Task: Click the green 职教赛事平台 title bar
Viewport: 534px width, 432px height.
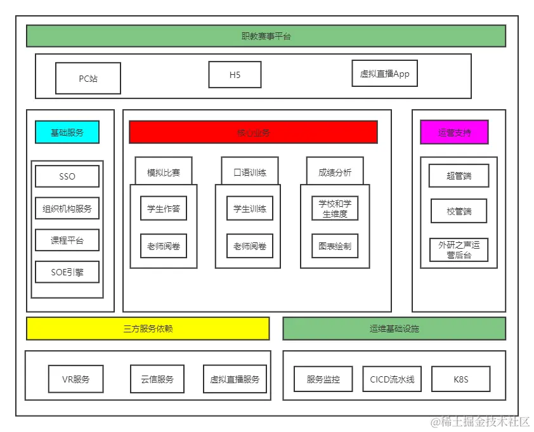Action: pyautogui.click(x=266, y=36)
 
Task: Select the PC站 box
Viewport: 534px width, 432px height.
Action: pyautogui.click(x=88, y=79)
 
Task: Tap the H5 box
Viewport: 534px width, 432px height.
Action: pyautogui.click(x=235, y=75)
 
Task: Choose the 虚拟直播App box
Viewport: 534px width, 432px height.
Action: pyautogui.click(x=384, y=74)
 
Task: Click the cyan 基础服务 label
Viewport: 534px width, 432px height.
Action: pyautogui.click(x=67, y=133)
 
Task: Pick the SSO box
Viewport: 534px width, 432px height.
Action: pyautogui.click(x=67, y=176)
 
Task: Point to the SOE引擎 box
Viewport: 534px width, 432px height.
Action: pyautogui.click(x=67, y=272)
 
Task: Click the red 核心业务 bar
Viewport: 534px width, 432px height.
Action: pyautogui.click(x=253, y=133)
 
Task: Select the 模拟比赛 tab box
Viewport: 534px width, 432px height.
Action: pyautogui.click(x=164, y=172)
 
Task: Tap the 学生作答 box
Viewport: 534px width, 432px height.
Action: pyautogui.click(x=164, y=208)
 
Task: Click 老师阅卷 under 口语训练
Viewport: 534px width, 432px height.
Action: pyautogui.click(x=250, y=246)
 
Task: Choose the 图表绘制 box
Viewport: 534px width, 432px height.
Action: pyautogui.click(x=335, y=246)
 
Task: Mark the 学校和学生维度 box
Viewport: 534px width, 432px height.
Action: pyautogui.click(x=335, y=208)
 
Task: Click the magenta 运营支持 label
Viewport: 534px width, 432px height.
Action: pyautogui.click(x=454, y=133)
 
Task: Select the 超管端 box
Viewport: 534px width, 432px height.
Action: pyautogui.click(x=459, y=176)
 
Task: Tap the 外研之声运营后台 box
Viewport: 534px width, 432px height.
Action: pyautogui.click(x=459, y=250)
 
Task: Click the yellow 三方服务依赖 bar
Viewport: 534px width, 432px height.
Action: pyautogui.click(x=148, y=329)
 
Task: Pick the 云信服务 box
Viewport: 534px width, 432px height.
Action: pyautogui.click(x=157, y=379)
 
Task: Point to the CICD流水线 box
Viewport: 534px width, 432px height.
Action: pyautogui.click(x=392, y=379)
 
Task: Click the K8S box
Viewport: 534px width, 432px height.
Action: pyautogui.click(x=461, y=379)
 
